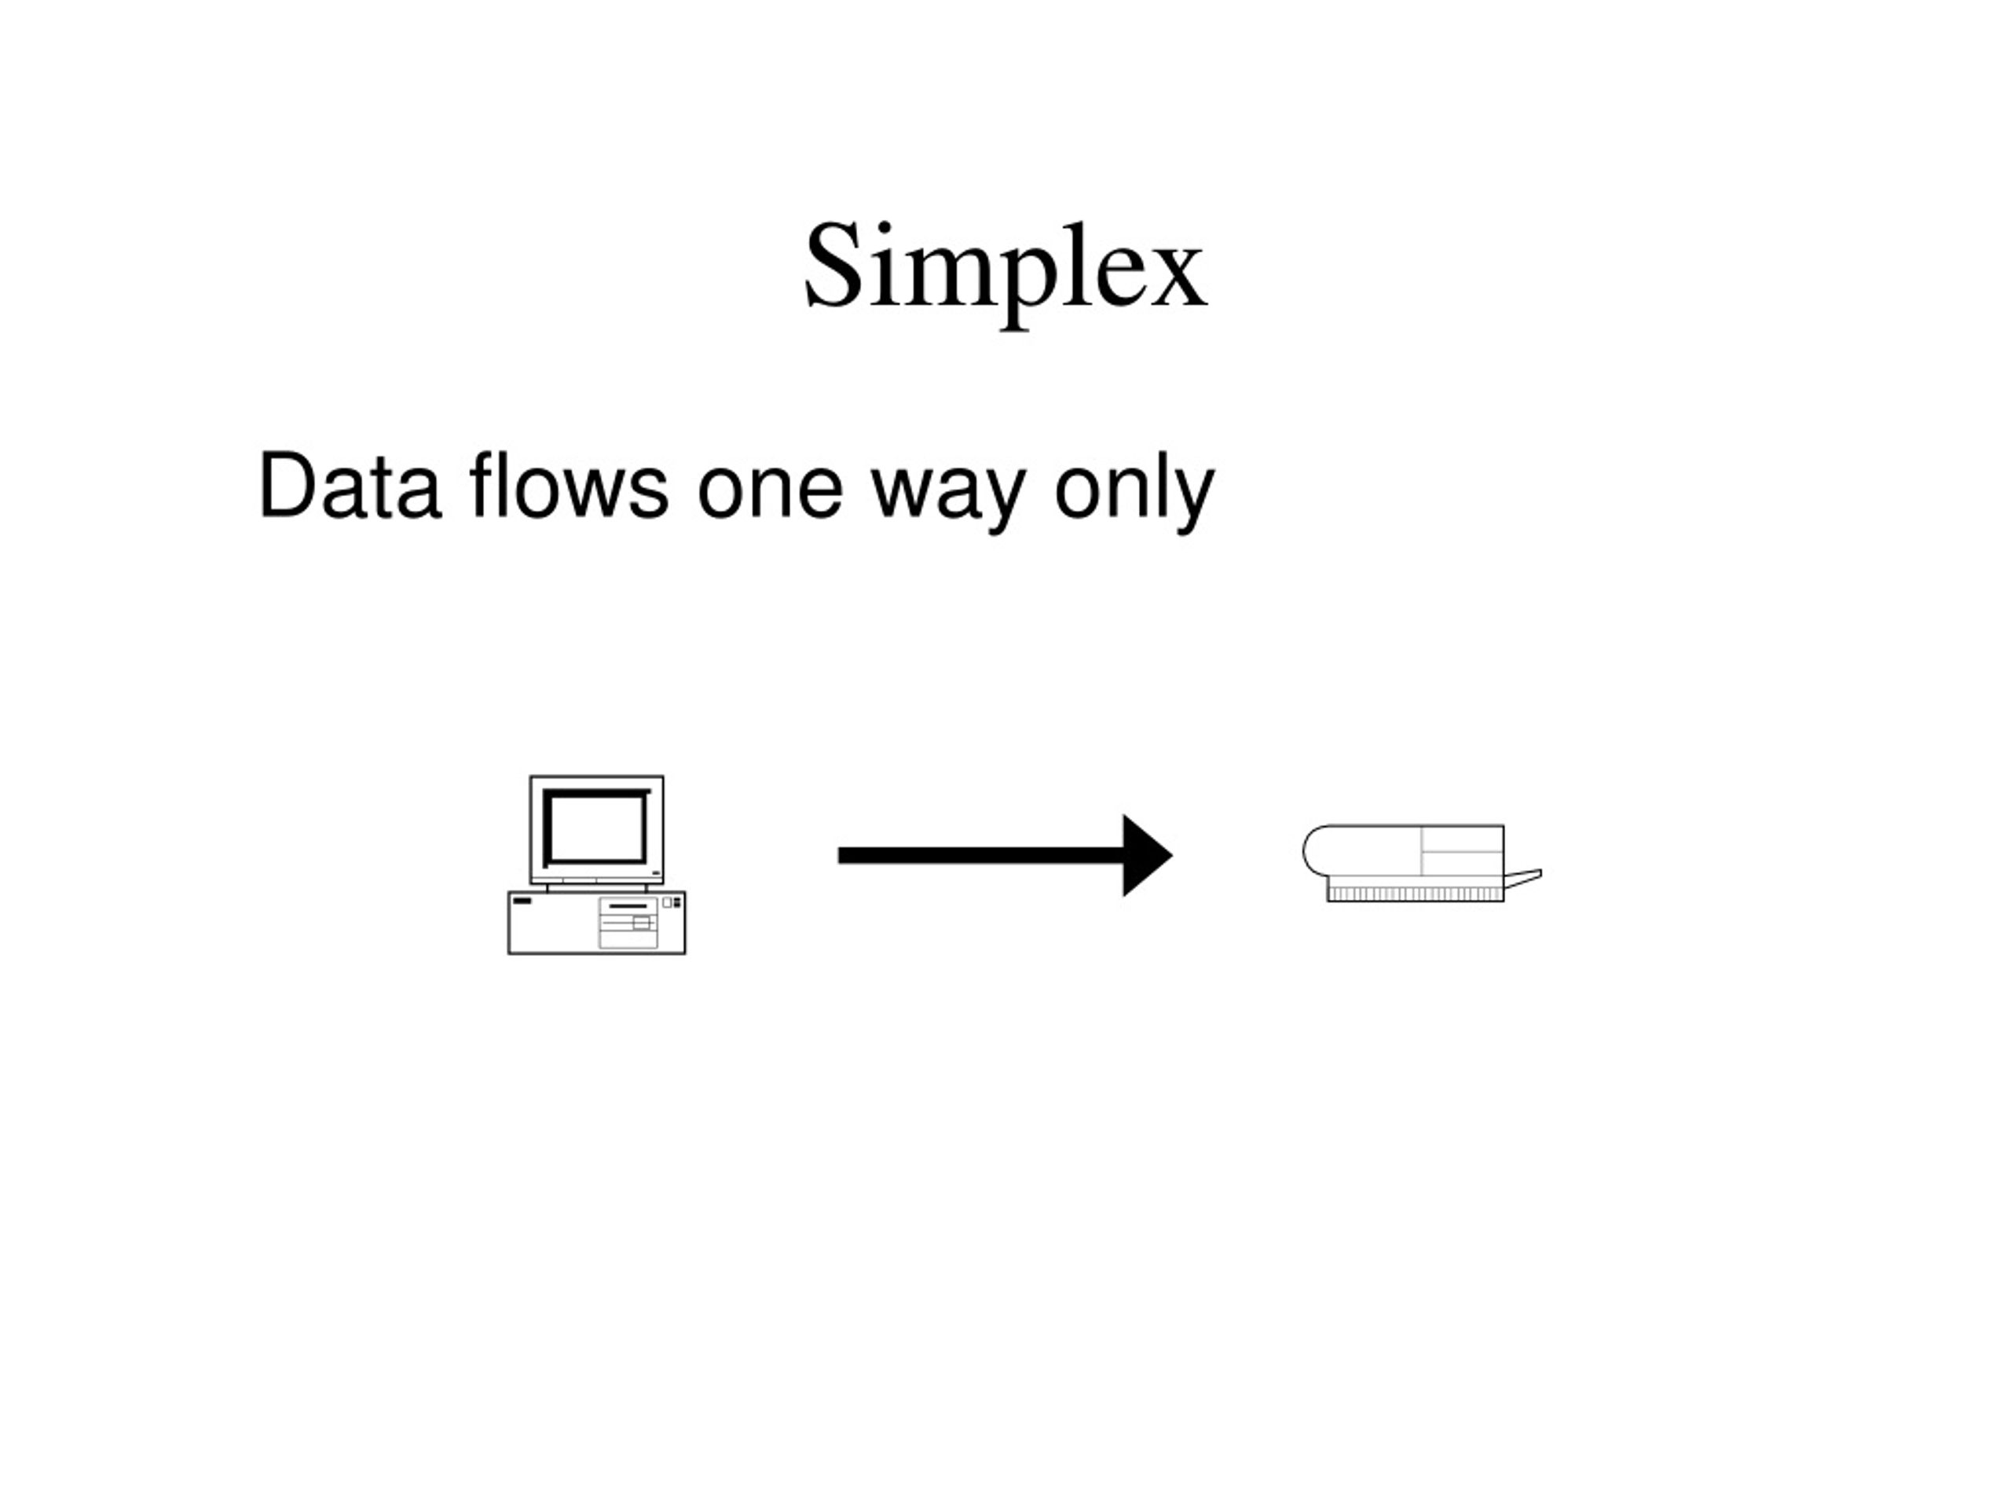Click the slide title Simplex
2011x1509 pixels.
pyautogui.click(x=1005, y=273)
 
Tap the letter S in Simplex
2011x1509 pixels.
pyautogui.click(x=833, y=265)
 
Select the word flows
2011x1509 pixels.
pyautogui.click(x=569, y=485)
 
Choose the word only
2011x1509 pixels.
pyautogui.click(x=1134, y=492)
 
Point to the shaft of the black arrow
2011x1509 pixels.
pyautogui.click(x=981, y=856)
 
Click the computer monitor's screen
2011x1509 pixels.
pyautogui.click(x=595, y=828)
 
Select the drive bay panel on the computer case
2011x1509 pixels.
pyautogui.click(x=628, y=923)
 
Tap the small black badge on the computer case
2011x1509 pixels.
pyautogui.click(x=522, y=901)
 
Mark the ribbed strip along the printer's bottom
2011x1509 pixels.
pyautogui.click(x=1416, y=895)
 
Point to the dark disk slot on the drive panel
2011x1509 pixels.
pyautogui.click(x=628, y=907)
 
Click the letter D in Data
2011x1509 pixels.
pyautogui.click(x=289, y=485)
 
